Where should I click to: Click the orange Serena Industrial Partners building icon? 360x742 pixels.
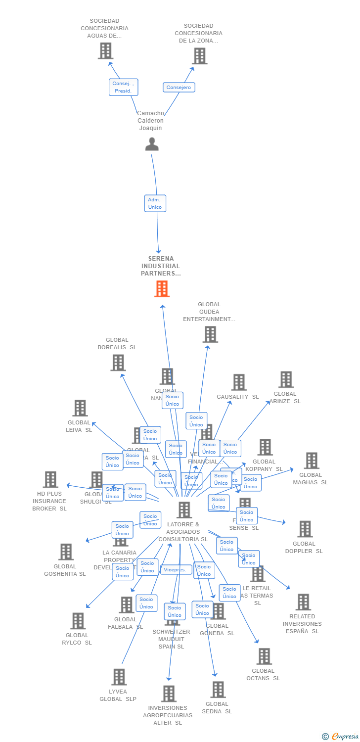(162, 289)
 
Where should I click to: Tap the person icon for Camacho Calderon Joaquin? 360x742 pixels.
(152, 144)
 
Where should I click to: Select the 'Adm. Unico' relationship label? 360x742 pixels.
(155, 203)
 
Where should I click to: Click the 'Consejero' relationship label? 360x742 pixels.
(179, 88)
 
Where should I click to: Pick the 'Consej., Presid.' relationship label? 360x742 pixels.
(123, 87)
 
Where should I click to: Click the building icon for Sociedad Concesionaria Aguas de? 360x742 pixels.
(105, 51)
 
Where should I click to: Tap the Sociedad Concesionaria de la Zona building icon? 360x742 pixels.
(199, 56)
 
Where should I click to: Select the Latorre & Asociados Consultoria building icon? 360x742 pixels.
(184, 510)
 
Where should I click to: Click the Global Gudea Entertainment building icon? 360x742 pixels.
(210, 334)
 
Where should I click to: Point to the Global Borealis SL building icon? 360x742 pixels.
(118, 363)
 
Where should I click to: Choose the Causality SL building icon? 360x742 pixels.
(239, 382)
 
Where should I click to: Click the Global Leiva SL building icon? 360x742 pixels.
(80, 408)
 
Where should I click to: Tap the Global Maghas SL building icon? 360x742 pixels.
(311, 461)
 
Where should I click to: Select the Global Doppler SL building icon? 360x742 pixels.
(305, 529)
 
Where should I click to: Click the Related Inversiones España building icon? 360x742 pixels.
(303, 602)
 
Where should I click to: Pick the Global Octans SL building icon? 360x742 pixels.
(264, 656)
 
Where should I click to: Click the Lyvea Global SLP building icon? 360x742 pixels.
(119, 677)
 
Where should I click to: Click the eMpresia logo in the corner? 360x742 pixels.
(341, 737)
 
